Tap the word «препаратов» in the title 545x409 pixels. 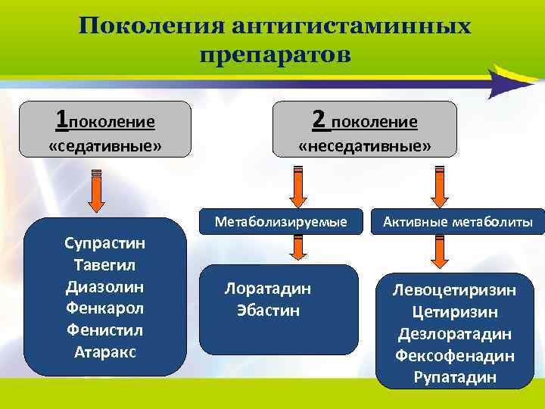[x=276, y=55]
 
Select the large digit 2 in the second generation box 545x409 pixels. [x=320, y=119]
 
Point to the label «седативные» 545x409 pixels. [x=105, y=145]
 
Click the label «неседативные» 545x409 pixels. [x=365, y=145]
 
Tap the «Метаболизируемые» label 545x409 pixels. [x=281, y=222]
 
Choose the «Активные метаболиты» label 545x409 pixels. [x=457, y=222]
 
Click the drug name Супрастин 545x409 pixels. [x=105, y=244]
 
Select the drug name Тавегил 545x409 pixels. [x=105, y=266]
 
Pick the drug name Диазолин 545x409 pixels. [x=105, y=287]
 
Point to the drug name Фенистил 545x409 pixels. [x=105, y=330]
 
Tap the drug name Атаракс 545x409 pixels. [x=105, y=352]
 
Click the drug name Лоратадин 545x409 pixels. [x=268, y=289]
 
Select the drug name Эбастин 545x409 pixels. [x=268, y=310]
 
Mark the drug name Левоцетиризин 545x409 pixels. [x=454, y=290]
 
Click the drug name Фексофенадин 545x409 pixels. [x=454, y=355]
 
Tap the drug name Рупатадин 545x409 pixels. [x=454, y=377]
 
